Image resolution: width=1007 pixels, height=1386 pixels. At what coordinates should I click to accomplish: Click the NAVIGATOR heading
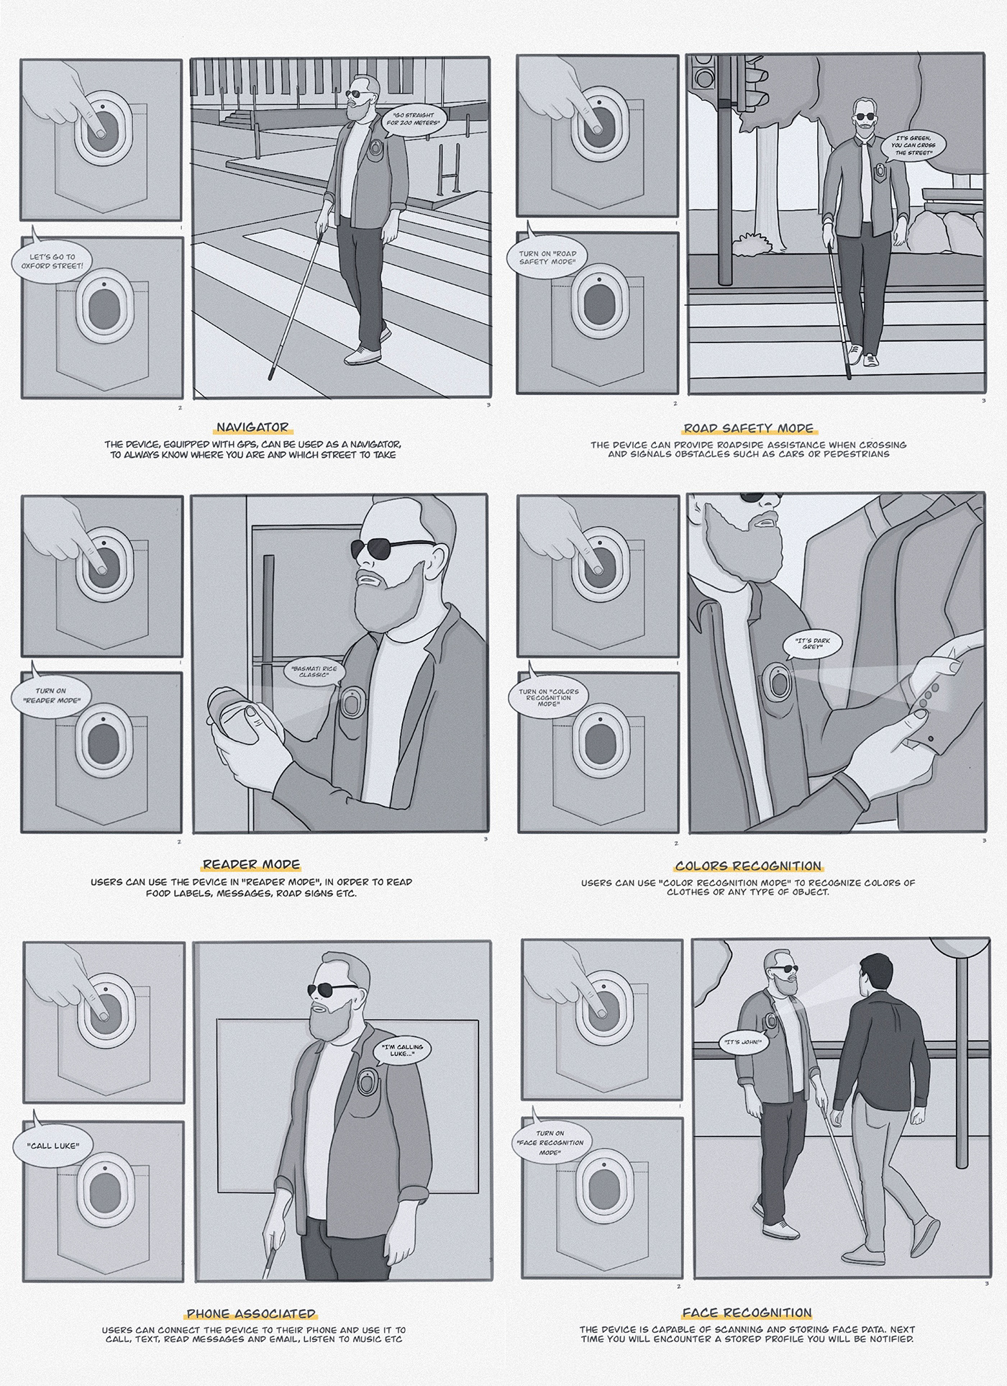pyautogui.click(x=252, y=427)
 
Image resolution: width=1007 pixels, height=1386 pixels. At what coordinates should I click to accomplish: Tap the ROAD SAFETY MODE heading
pyautogui.click(x=749, y=428)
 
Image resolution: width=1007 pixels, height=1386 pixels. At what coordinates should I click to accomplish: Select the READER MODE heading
pyautogui.click(x=251, y=864)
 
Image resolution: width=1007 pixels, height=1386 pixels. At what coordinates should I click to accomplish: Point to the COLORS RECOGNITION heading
pyautogui.click(x=748, y=866)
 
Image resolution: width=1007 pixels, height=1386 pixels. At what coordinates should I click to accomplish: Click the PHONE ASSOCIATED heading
pyautogui.click(x=250, y=1313)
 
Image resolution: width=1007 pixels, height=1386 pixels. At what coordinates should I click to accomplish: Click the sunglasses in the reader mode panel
pyautogui.click(x=392, y=548)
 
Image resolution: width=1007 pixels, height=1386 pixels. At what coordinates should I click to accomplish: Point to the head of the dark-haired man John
pyautogui.click(x=872, y=972)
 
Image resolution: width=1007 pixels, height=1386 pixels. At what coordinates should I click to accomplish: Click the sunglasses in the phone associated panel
pyautogui.click(x=332, y=990)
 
